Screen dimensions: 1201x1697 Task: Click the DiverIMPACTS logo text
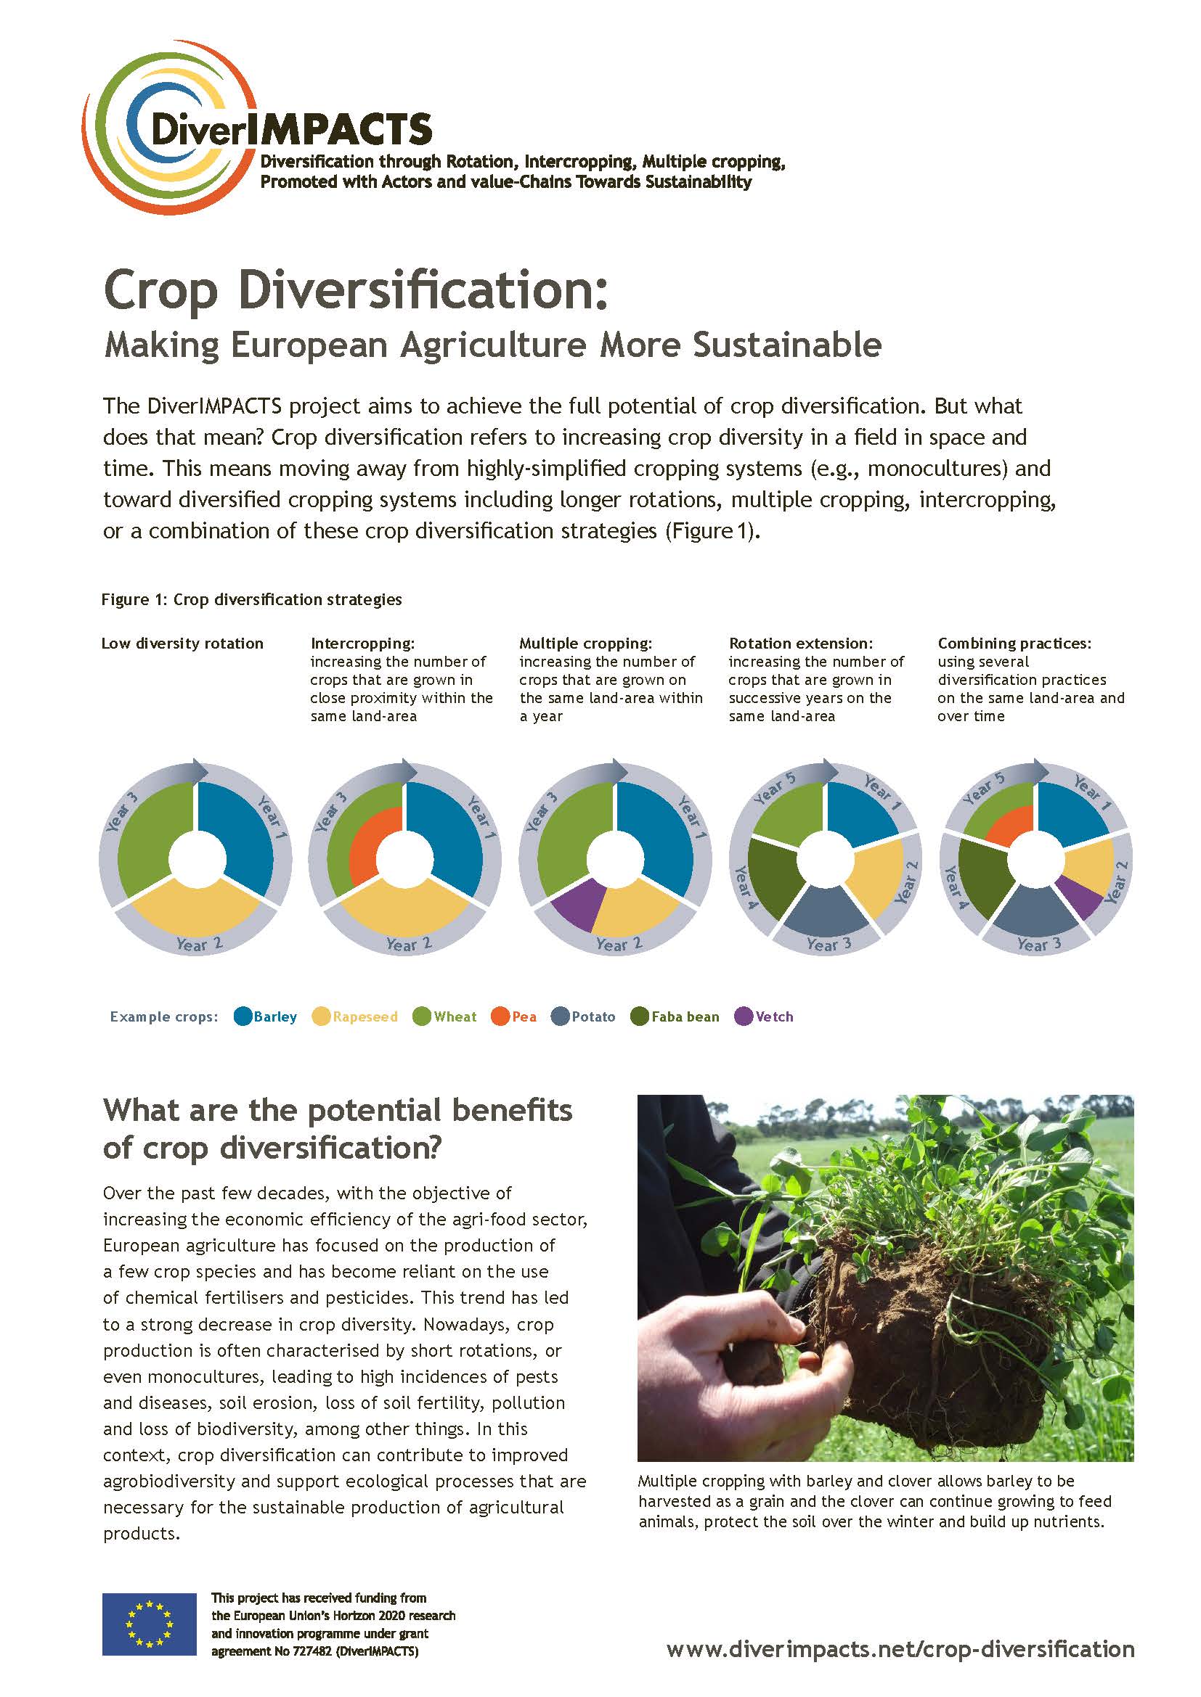(290, 129)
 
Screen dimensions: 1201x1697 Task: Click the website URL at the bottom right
(900, 1648)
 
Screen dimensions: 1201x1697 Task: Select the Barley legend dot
(243, 1016)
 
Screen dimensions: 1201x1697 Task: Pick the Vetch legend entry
(764, 1016)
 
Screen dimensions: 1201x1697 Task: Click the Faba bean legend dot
(640, 1016)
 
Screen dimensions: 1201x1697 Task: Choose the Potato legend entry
(584, 1016)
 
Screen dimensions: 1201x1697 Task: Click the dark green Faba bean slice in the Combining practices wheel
(980, 879)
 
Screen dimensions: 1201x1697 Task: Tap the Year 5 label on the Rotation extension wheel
(774, 788)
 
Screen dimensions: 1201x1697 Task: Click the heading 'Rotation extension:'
(801, 643)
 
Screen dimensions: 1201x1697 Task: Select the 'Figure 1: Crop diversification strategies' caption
(251, 599)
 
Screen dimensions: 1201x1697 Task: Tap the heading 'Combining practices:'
(1014, 643)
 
